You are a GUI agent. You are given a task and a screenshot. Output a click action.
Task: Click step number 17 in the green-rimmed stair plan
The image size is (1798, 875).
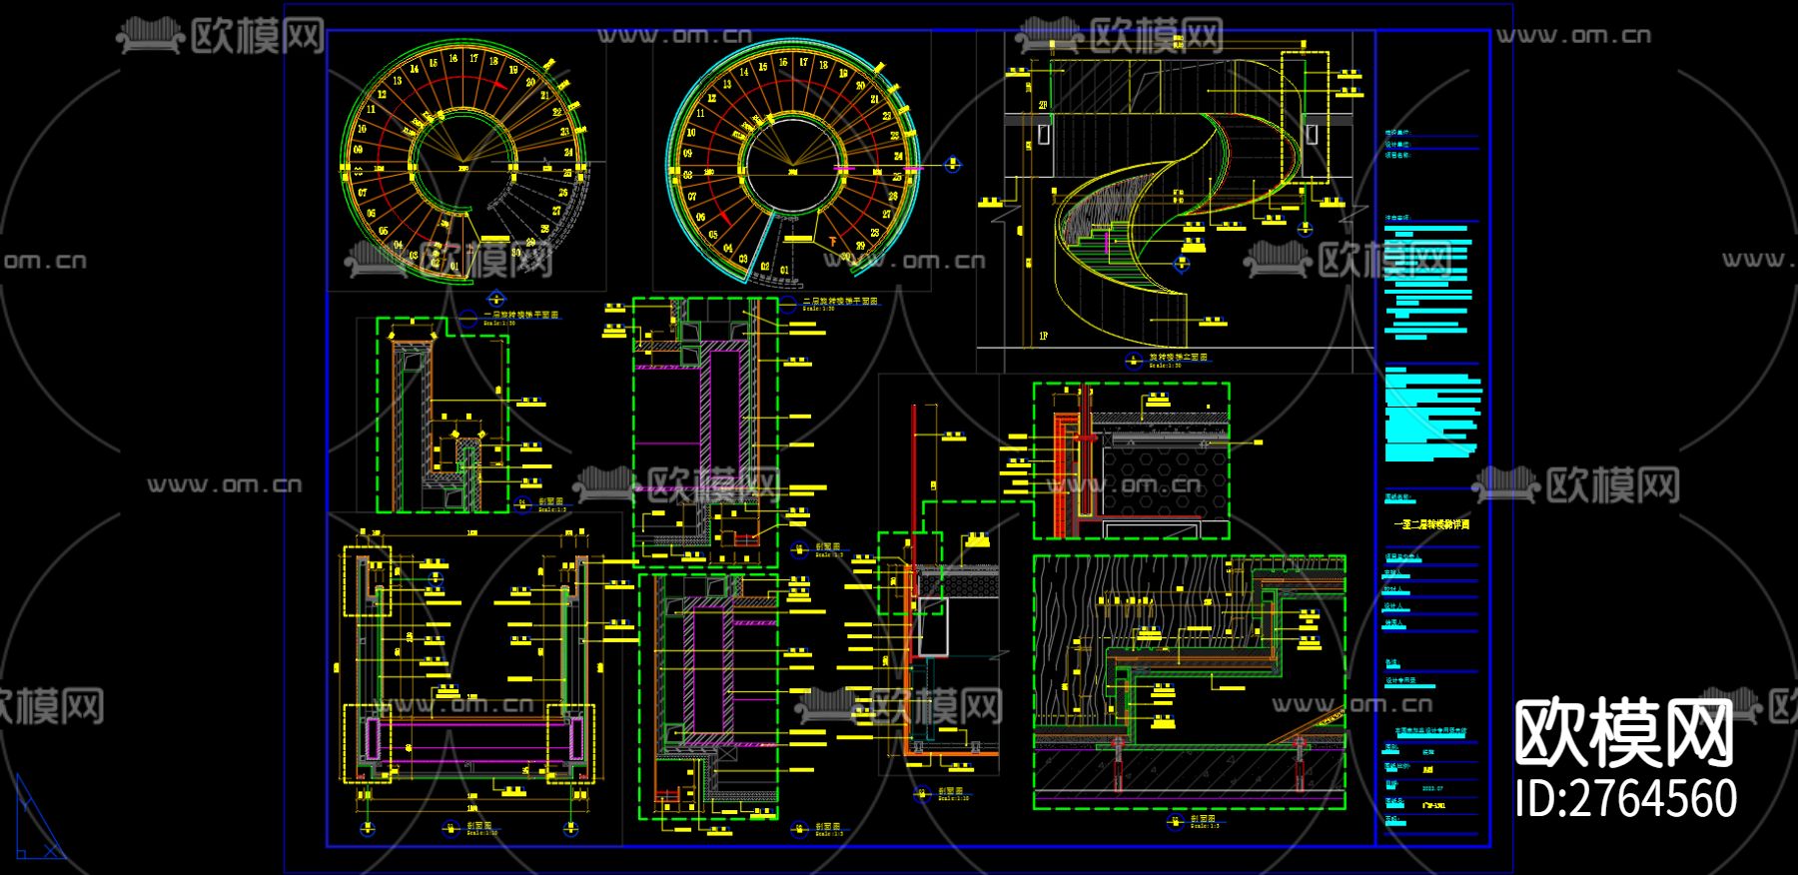coord(474,59)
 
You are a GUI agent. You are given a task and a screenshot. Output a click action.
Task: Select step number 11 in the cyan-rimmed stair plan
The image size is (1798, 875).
coord(700,113)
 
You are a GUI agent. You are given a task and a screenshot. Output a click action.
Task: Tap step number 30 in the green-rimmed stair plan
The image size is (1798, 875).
coord(516,252)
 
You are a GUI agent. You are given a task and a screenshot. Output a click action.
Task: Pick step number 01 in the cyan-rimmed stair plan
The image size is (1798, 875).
coord(784,270)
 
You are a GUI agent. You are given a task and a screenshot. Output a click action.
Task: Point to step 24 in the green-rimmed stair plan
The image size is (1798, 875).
coord(568,153)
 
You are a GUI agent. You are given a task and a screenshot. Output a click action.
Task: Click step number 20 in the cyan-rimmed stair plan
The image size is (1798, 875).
coord(861,86)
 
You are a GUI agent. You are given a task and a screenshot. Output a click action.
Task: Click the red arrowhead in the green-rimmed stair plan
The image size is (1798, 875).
coord(409,131)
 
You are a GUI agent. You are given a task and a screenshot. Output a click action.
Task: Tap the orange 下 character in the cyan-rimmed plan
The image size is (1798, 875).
coord(832,240)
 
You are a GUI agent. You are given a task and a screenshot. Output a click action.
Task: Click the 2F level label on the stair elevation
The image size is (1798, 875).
coord(1043,105)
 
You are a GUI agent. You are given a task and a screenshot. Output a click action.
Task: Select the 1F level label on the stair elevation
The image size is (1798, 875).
coord(1043,336)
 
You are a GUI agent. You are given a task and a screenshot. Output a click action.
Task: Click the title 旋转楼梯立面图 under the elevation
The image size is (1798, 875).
coord(1178,357)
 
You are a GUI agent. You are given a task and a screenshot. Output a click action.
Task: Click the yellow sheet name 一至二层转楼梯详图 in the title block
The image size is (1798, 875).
coord(1431,523)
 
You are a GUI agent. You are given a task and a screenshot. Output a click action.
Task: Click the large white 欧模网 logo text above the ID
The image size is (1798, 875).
coord(1625,734)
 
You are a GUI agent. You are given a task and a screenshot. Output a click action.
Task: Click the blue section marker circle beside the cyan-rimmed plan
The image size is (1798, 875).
coord(952,165)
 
